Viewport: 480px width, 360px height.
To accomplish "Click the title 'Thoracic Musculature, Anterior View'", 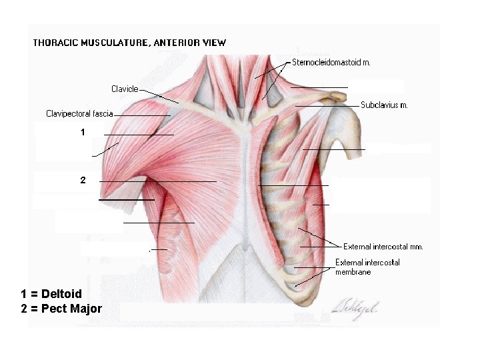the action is (x=129, y=43).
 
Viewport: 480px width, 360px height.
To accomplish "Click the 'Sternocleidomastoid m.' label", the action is (x=331, y=63).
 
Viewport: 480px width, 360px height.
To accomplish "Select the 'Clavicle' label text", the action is (x=125, y=89).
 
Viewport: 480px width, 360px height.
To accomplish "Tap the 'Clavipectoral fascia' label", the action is (x=79, y=113).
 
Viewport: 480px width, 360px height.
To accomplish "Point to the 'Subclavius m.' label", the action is (x=384, y=105).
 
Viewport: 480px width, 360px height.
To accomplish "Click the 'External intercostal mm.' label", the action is (x=383, y=247).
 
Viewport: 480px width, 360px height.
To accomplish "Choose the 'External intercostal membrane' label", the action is (x=367, y=267).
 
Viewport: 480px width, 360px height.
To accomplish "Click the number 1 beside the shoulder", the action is (x=83, y=133).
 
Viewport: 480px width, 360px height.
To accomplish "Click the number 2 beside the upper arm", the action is (x=83, y=180).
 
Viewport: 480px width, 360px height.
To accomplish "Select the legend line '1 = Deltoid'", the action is (x=51, y=294).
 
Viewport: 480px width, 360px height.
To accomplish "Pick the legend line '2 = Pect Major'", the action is (x=61, y=309).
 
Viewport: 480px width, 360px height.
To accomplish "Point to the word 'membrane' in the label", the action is (x=353, y=272).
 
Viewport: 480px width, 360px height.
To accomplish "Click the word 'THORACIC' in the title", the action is (x=56, y=43).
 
